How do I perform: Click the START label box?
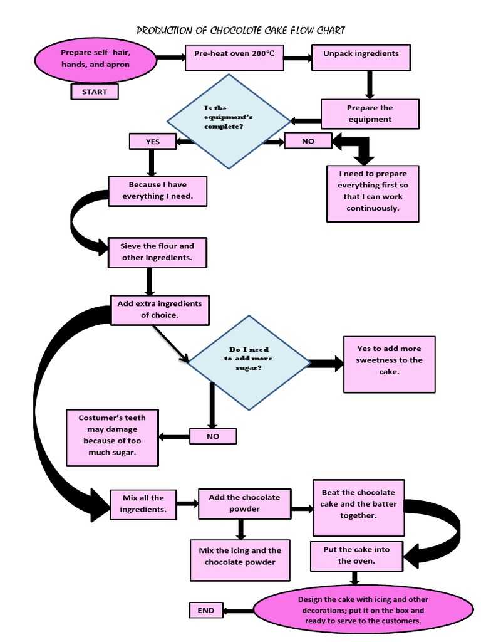[94, 92]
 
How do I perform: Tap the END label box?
[205, 610]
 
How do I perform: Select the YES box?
[153, 142]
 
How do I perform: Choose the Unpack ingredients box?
[361, 58]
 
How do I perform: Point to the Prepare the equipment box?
[370, 113]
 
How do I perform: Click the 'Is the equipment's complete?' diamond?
[229, 121]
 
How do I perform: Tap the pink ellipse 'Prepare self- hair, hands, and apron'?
[95, 58]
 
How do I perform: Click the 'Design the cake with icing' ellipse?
[363, 609]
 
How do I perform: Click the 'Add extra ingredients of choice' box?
[160, 309]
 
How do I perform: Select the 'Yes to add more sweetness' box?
[389, 364]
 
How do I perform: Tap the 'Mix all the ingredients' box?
[143, 503]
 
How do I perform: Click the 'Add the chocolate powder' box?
[244, 503]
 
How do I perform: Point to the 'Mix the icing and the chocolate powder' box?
[240, 559]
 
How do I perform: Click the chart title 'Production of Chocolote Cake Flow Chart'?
[240, 30]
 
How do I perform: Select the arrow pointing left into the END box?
[238, 610]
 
